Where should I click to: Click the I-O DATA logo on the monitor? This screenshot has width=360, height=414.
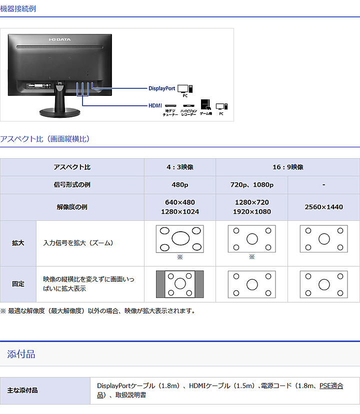59,39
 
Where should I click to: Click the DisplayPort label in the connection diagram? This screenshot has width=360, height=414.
162,88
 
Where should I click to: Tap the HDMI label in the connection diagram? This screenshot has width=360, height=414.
155,105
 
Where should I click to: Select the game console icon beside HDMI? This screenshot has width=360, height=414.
205,104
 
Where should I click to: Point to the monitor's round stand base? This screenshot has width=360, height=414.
59,113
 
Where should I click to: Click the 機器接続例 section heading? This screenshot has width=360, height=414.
18,8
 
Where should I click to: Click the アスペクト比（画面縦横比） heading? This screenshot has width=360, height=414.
45,139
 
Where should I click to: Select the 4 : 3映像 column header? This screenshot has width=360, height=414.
180,167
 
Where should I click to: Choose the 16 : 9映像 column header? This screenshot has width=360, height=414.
288,167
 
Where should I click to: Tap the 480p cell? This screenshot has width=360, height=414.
180,185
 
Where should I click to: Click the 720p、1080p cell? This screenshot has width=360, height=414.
252,185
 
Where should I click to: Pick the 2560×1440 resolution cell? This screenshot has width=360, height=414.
324,207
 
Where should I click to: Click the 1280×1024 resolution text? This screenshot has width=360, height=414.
180,212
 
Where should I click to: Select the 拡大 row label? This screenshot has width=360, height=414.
18,243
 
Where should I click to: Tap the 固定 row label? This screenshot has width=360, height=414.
18,284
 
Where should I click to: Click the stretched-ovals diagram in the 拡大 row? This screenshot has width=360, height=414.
179,239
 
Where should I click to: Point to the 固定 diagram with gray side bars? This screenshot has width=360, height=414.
179,284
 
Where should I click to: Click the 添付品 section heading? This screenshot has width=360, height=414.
21,355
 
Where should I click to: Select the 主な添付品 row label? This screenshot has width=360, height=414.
22,391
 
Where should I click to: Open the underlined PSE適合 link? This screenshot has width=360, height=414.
331,386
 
